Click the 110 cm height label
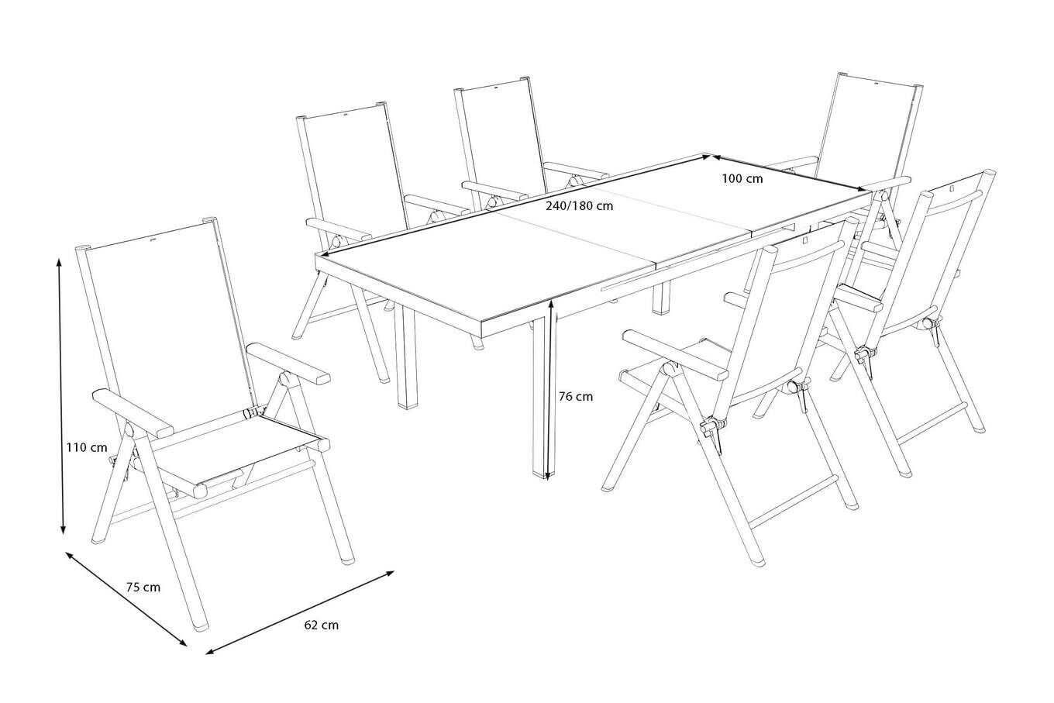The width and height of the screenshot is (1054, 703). tap(87, 447)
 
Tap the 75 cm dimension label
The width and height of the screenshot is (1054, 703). tap(143, 588)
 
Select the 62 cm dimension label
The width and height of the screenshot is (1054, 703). tap(322, 625)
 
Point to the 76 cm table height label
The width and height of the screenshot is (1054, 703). tap(576, 397)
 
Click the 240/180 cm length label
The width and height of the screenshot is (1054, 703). tap(580, 205)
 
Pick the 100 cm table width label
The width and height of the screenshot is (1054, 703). tap(742, 179)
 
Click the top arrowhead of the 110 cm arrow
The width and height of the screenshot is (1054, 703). tap(59, 262)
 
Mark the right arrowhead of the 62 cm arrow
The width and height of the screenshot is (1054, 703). tap(390, 573)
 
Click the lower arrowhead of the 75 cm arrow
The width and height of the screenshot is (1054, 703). tap(183, 643)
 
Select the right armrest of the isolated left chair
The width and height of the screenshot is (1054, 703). tap(288, 362)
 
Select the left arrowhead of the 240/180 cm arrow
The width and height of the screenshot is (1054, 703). tap(323, 254)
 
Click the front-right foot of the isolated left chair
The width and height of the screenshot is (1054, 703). tap(348, 559)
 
